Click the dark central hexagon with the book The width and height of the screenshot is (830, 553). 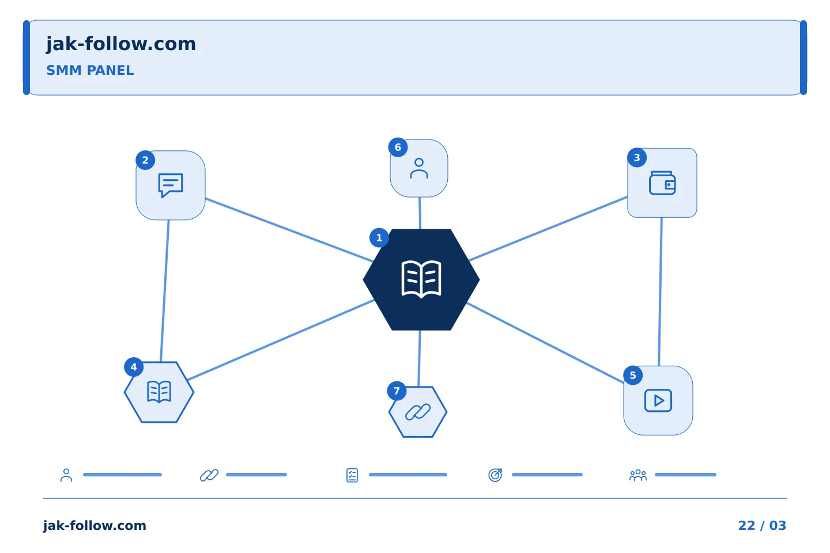point(421,279)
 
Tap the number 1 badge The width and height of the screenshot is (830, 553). point(379,238)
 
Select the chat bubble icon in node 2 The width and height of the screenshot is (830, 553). point(171,185)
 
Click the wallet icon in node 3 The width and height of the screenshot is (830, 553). point(662,183)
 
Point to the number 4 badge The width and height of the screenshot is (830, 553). point(134,367)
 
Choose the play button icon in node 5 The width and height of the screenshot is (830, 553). point(658,400)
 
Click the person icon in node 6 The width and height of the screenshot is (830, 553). point(419,169)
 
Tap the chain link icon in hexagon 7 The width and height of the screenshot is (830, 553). point(418,412)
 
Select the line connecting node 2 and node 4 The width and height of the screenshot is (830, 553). point(165,291)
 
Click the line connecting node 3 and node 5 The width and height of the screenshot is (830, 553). point(661,292)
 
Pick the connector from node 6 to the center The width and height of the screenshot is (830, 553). point(420,213)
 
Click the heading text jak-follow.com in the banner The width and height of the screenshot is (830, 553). point(121,44)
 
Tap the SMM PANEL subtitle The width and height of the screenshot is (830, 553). point(90,70)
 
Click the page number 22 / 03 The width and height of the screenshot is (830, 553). point(762,525)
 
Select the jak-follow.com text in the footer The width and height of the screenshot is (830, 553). point(95,525)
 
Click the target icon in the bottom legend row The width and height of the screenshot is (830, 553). point(495,475)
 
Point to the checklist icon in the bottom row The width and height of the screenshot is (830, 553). point(352,475)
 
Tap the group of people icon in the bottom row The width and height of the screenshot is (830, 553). point(637,475)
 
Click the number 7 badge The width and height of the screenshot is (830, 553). point(397,391)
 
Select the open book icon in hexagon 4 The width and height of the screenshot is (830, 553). point(159,392)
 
